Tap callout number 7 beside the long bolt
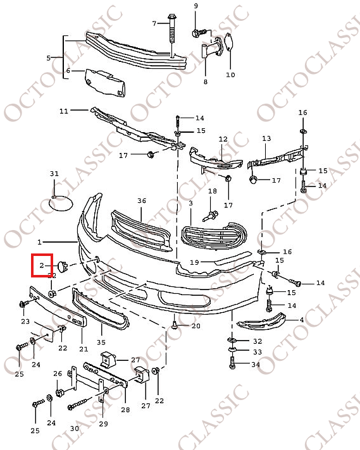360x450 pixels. (154, 23)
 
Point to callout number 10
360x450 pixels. (230, 75)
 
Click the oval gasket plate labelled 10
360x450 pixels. (228, 42)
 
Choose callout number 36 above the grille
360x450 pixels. (142, 200)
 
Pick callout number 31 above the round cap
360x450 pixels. (54, 174)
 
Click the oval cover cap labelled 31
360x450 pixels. (61, 204)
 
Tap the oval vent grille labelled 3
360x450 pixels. (214, 234)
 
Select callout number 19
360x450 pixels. (194, 262)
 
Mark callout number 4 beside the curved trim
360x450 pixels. (302, 320)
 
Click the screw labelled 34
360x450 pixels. (232, 362)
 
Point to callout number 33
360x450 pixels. (258, 352)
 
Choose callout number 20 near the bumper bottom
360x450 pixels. (196, 326)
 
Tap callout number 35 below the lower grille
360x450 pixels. (101, 343)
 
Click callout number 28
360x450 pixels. (125, 410)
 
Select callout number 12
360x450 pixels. (223, 139)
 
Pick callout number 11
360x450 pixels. (64, 111)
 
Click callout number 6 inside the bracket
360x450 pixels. (68, 71)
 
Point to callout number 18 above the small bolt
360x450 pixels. (213, 191)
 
